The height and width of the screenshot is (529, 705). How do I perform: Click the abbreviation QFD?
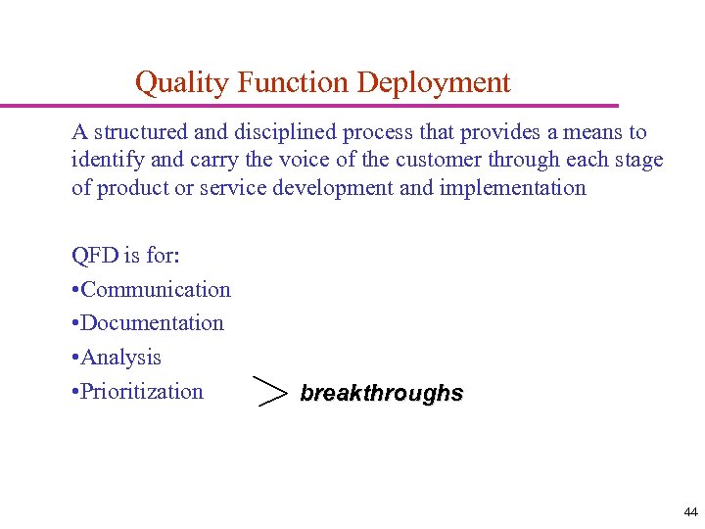click(95, 256)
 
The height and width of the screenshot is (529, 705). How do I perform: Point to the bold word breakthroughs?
click(381, 394)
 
